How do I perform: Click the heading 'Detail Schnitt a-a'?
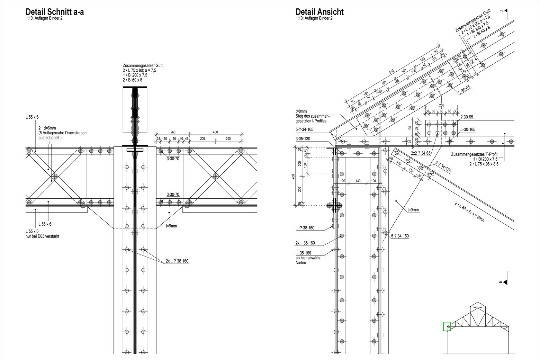tap(55, 12)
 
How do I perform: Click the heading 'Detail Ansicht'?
tap(319, 12)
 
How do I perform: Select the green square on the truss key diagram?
tap(447, 326)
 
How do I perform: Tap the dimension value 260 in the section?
tap(173, 132)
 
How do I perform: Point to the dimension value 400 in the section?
tap(215, 132)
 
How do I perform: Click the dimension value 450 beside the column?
tap(293, 176)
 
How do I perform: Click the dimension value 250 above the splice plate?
tap(442, 105)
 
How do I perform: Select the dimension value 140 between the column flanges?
tap(358, 181)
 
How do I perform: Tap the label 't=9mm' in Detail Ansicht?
tap(413, 210)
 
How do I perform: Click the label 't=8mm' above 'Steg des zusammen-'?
tap(301, 112)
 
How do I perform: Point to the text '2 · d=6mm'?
tap(47, 128)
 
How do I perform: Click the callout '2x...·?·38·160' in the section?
tap(177, 261)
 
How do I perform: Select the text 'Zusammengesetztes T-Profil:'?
tap(475, 154)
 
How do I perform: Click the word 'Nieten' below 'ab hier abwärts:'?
tap(301, 263)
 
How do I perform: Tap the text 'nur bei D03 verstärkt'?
tap(42, 236)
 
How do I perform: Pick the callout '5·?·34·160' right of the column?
tap(400, 236)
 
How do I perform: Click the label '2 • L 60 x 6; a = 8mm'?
tap(469, 212)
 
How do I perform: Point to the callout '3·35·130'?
tap(303, 139)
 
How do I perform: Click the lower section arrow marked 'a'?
tap(504, 282)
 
